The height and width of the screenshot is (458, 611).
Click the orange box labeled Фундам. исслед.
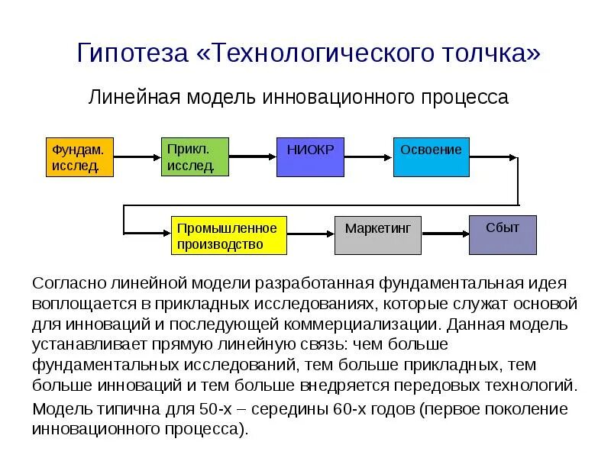[80, 156]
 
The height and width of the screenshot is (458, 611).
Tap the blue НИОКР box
[310, 156]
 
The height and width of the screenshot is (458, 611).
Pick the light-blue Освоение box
[432, 156]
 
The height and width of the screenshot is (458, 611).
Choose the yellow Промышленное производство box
[228, 235]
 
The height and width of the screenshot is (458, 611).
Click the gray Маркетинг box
[378, 235]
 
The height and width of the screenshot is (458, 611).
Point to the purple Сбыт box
[503, 235]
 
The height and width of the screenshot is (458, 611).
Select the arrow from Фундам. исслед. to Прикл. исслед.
[137, 156]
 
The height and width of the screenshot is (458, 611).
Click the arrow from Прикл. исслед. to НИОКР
[252, 156]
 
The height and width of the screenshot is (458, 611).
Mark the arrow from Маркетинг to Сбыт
[445, 235]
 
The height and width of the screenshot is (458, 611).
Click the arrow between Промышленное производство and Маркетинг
[311, 235]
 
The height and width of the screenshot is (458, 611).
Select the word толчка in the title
[488, 53]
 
